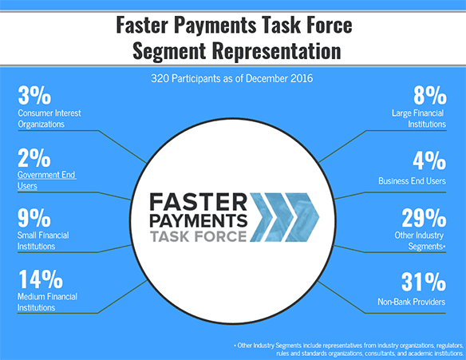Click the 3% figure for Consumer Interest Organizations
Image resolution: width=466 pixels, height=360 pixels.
point(34,96)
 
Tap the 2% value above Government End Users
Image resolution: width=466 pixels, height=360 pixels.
point(34,157)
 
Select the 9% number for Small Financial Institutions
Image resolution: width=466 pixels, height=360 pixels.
point(34,218)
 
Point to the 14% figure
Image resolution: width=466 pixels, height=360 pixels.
point(41,279)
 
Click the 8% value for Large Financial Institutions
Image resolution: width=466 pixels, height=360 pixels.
point(430,96)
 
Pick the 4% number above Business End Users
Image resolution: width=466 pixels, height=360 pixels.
point(429,160)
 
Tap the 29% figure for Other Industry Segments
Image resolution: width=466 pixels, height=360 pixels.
point(424,218)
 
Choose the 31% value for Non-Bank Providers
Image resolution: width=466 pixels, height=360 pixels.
point(424,282)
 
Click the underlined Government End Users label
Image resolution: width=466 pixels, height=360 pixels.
point(47,180)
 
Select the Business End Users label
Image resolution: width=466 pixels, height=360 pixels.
point(412,181)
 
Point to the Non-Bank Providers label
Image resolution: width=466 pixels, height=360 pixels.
point(411,302)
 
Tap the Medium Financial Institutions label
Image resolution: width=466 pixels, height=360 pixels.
point(47,302)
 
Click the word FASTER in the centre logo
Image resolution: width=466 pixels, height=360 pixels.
point(198,202)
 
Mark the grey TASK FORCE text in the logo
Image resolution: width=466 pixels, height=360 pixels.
point(199,236)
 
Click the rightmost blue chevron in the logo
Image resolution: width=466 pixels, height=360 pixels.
point(302,217)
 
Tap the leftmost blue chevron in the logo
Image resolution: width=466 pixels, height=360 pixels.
point(262,217)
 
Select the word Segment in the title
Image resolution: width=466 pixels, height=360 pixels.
point(169,51)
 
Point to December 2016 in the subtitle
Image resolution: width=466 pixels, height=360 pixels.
point(279,78)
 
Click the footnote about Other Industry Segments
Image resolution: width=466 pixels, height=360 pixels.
point(349,350)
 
